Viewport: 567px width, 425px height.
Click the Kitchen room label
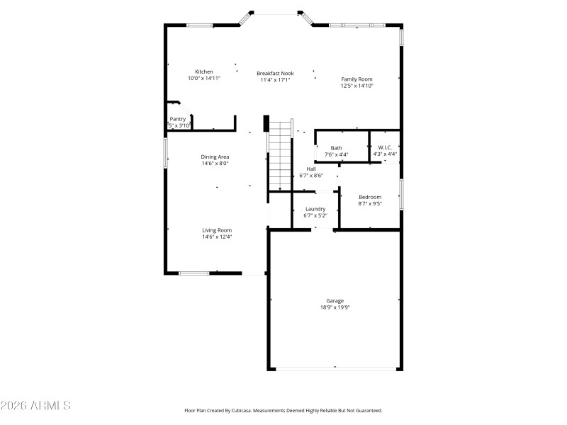pos(204,72)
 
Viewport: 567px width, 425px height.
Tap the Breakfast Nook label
pos(275,73)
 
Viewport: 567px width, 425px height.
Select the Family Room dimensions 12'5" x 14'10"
pos(357,86)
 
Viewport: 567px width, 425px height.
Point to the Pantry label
pos(177,119)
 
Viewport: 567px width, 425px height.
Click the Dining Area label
pos(215,157)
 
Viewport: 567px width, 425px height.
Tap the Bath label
pos(336,148)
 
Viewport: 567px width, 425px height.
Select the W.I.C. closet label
pos(385,147)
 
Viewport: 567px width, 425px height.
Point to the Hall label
pos(311,169)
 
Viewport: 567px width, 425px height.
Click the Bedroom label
pos(370,197)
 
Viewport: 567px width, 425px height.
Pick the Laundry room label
pos(315,209)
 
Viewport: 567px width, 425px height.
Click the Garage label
pos(335,300)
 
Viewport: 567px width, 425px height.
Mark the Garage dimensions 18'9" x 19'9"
pos(335,307)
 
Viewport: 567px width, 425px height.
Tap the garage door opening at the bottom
pos(336,368)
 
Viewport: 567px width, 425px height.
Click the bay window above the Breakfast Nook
pos(276,12)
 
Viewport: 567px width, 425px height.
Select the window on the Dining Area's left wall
pos(166,152)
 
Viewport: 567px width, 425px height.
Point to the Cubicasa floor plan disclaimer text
pos(283,410)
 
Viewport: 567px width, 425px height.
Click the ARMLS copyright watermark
pos(35,406)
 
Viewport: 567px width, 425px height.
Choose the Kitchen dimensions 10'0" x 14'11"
pos(204,79)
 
